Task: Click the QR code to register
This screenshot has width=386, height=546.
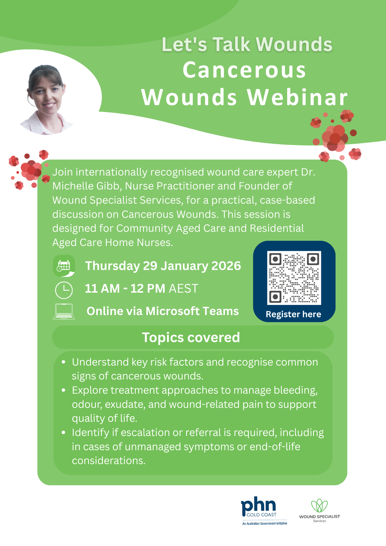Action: (x=294, y=278)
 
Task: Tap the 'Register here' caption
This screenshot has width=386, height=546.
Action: (x=293, y=314)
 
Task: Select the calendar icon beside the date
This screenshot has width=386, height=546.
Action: (x=64, y=266)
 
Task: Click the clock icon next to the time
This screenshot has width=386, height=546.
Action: (x=64, y=290)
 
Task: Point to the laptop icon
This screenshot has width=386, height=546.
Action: (x=64, y=311)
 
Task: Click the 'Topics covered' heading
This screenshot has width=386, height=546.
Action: (x=191, y=337)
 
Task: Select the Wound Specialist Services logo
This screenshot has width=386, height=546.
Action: (x=319, y=511)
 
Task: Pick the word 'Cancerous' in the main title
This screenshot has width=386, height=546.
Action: (x=244, y=70)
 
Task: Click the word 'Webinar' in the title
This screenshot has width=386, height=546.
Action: (x=297, y=97)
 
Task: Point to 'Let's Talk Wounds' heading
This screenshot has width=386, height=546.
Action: (x=247, y=44)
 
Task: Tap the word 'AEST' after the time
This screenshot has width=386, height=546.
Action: (x=183, y=289)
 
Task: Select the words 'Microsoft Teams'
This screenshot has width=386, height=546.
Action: (x=192, y=311)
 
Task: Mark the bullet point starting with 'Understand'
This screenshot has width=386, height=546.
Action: (x=64, y=362)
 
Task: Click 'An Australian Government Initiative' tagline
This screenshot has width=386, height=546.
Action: (x=265, y=523)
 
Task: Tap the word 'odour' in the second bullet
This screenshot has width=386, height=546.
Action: (x=87, y=404)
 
